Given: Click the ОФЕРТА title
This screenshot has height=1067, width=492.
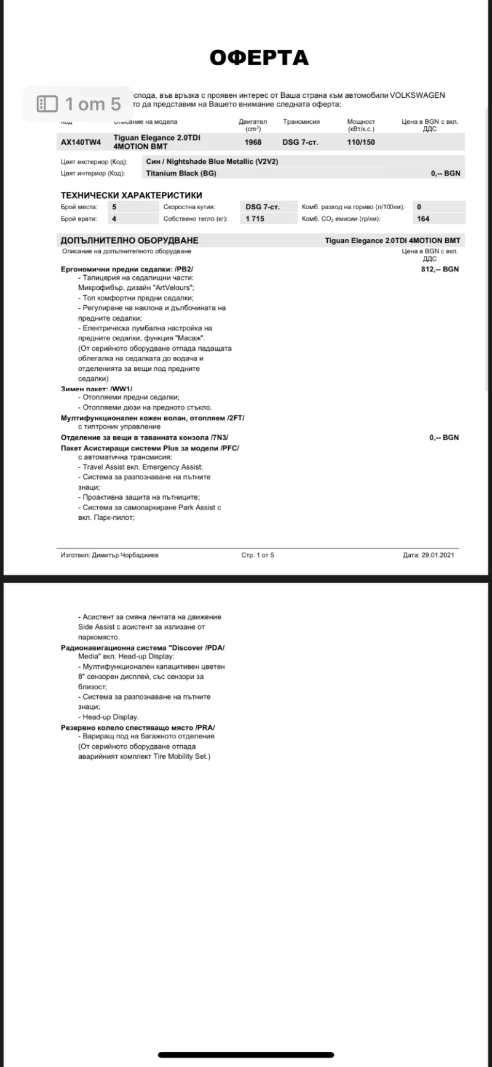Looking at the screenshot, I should [259, 57].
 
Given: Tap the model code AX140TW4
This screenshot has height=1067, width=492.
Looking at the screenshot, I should [81, 142].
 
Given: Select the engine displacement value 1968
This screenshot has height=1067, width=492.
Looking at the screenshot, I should [253, 142].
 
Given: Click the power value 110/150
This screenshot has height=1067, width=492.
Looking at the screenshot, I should [361, 142].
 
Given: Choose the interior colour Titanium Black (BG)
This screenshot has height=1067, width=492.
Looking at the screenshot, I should [181, 174].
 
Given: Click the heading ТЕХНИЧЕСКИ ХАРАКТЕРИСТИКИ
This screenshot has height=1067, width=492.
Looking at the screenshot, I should [132, 195].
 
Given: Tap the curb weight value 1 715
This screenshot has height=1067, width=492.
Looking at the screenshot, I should [255, 218].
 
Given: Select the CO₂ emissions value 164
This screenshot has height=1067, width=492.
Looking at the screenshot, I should [423, 218].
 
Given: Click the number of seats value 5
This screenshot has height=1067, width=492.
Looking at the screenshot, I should [114, 207].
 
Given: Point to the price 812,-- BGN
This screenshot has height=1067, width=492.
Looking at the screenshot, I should [440, 269].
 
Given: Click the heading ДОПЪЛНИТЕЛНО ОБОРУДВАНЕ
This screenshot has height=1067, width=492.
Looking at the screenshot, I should [129, 241].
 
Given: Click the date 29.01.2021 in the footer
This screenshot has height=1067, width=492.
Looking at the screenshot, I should [438, 555].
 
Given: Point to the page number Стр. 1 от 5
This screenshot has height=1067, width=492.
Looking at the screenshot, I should [258, 555].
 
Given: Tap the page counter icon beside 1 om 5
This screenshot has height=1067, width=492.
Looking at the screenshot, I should [47, 104].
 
